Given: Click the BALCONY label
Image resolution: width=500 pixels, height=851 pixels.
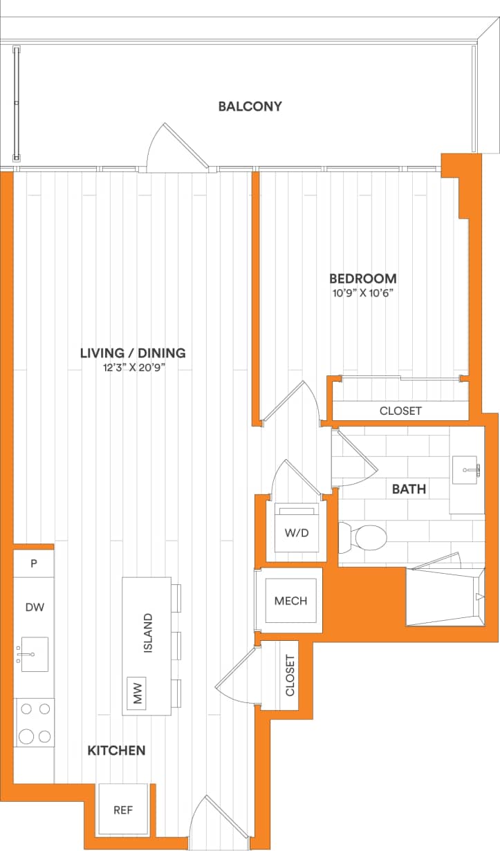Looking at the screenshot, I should [250, 106].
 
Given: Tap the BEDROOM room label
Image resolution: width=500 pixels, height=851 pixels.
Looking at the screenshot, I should [362, 279].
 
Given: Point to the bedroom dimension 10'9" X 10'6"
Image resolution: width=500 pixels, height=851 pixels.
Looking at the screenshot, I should [362, 293].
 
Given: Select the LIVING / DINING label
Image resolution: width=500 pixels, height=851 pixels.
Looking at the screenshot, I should [133, 353].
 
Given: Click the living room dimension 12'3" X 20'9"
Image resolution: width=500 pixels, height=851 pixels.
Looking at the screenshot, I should [133, 368].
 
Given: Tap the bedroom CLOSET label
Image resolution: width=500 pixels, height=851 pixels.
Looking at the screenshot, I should [400, 411].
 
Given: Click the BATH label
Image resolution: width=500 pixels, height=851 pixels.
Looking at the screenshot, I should [409, 489].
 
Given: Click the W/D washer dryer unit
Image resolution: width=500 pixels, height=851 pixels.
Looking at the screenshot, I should [297, 532].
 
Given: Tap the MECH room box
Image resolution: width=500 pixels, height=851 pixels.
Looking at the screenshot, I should [290, 601].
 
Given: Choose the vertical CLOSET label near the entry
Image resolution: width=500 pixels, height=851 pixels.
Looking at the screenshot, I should [290, 675].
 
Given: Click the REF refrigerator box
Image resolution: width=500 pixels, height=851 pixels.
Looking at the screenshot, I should [123, 810].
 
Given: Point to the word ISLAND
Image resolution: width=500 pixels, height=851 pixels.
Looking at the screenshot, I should [147, 633].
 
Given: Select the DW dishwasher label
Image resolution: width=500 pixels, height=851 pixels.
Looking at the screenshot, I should [35, 607].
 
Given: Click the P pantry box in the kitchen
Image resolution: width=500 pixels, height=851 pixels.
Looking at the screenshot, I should [33, 563].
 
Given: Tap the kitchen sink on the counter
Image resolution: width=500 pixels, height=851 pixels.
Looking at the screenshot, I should [33, 654].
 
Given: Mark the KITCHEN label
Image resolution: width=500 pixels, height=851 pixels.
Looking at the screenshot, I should [116, 751].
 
